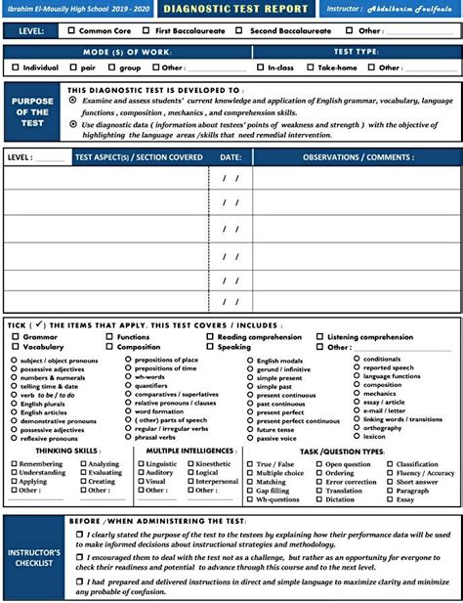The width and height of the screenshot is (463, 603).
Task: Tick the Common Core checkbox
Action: (69, 31)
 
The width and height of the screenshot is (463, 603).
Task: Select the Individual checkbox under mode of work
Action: (16, 68)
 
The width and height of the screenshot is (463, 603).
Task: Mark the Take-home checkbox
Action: (311, 68)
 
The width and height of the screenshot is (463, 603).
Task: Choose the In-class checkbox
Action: (261, 68)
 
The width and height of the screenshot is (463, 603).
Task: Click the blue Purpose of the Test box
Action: (31, 111)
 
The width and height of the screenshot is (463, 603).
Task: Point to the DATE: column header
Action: (231, 156)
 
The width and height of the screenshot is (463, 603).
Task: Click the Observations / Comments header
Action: (358, 156)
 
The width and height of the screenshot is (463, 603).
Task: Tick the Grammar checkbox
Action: (16, 337)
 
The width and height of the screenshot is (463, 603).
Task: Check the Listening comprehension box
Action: (319, 337)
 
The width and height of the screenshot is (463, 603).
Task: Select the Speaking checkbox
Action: (209, 347)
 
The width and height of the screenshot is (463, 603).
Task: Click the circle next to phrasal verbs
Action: (129, 438)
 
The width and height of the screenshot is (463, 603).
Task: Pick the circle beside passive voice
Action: (250, 438)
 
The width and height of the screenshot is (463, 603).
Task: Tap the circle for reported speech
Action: (357, 367)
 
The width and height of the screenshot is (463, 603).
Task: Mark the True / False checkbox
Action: (250, 464)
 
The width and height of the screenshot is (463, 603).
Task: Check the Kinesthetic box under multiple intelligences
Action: (189, 464)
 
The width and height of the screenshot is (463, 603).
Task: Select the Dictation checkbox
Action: (319, 499)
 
